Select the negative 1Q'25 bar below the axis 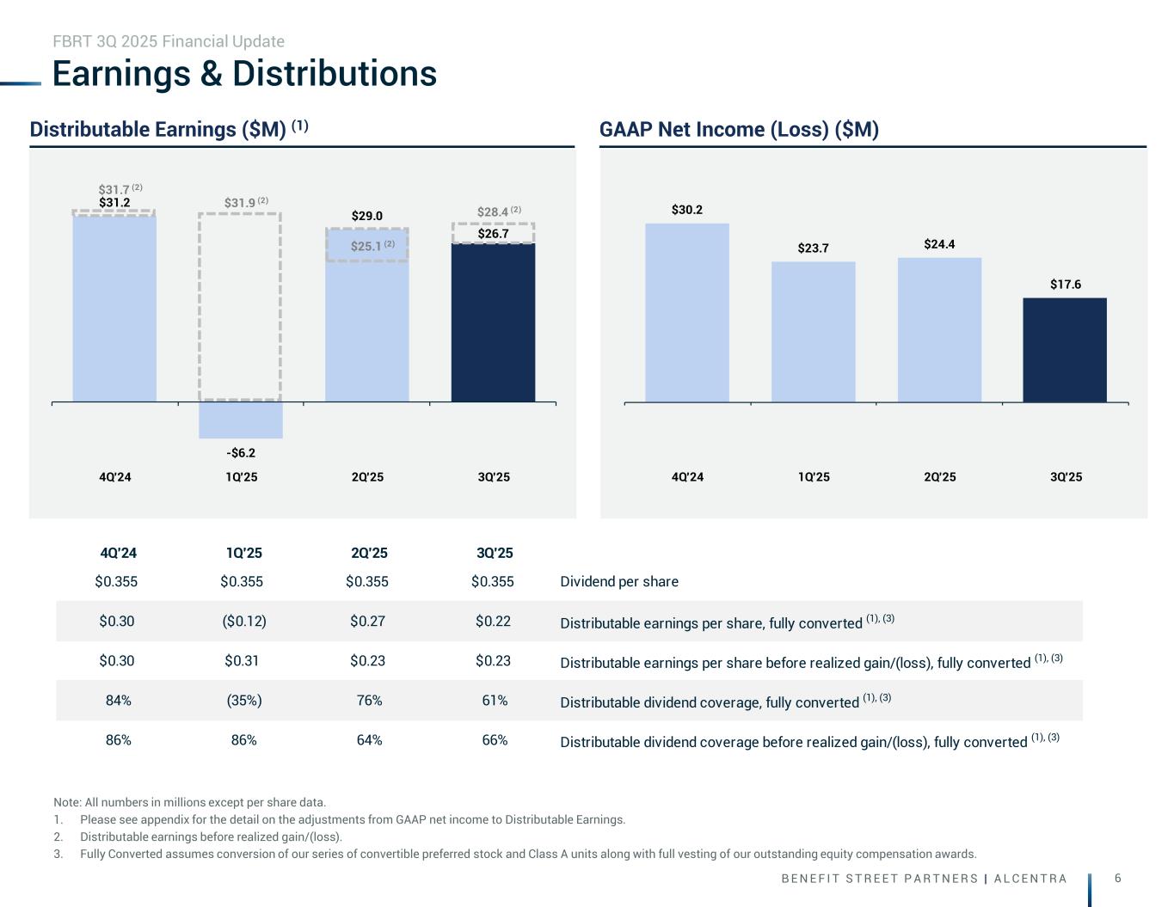(241, 420)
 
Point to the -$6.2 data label (241, 452)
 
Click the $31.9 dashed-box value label (241, 203)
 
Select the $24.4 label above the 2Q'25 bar (940, 244)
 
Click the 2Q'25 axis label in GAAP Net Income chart (940, 477)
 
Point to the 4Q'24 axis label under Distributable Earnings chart (115, 477)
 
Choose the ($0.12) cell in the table (243, 622)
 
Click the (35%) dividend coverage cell (243, 701)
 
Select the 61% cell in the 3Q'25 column (495, 701)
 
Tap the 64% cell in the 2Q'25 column (369, 740)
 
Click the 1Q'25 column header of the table (243, 553)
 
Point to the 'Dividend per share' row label (619, 582)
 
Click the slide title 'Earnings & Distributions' (244, 74)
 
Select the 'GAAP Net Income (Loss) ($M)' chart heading (739, 130)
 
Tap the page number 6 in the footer (1117, 878)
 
